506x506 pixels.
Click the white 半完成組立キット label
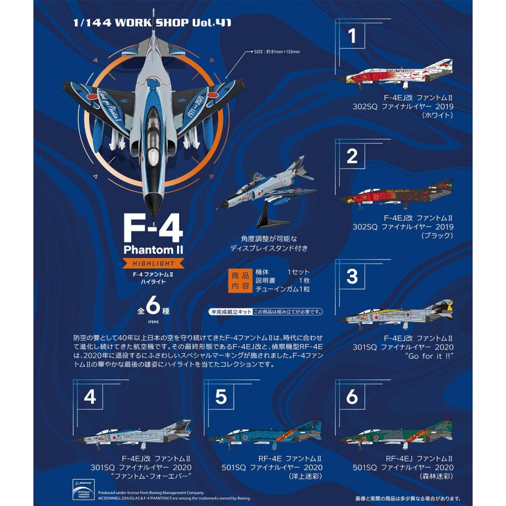(x=230, y=311)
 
